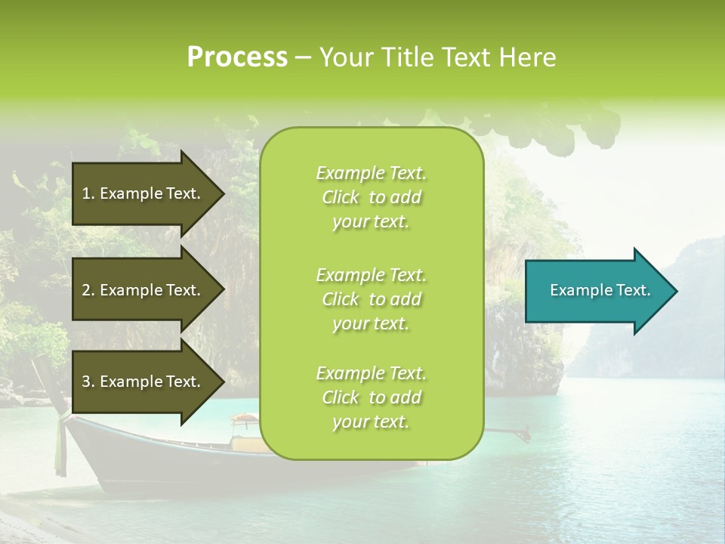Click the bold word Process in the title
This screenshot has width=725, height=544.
[x=237, y=57]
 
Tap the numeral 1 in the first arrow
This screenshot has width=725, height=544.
[x=86, y=193]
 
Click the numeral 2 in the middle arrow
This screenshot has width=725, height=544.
[x=86, y=290]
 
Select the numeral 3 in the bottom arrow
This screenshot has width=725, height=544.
[x=86, y=382]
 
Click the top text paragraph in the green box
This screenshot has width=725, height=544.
[x=371, y=197]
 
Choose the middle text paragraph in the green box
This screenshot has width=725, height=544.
[x=371, y=299]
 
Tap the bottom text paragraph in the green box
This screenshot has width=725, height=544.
[x=371, y=397]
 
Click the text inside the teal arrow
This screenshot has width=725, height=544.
[x=600, y=290]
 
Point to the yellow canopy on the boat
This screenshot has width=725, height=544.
[x=244, y=418]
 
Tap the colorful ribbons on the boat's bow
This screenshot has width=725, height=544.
[x=60, y=438]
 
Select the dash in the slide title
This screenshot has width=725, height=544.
[x=303, y=58]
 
